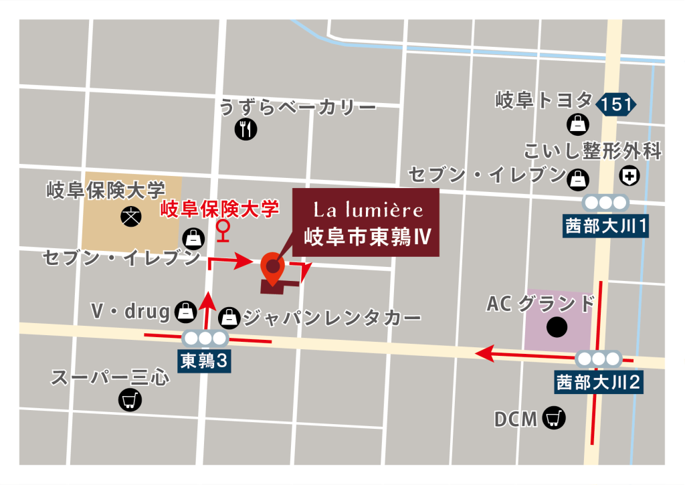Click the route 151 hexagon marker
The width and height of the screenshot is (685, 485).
coord(617,104)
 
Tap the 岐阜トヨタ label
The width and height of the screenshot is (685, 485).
coord(544,101)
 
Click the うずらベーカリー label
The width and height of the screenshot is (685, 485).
coord(298,107)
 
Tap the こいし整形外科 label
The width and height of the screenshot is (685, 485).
coord(593,152)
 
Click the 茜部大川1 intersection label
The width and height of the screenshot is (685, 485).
coord(605,226)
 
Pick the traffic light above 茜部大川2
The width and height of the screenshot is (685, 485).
coord(595,359)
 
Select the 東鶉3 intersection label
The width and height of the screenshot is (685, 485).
coord(205,361)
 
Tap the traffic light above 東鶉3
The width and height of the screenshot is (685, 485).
coord(205,338)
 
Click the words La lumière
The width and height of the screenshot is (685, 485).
coord(369,210)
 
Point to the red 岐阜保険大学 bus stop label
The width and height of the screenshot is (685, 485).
coord(219,210)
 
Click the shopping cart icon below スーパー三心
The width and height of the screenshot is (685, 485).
coord(128,400)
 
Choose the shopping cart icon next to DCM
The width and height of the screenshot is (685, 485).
coord(555,418)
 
